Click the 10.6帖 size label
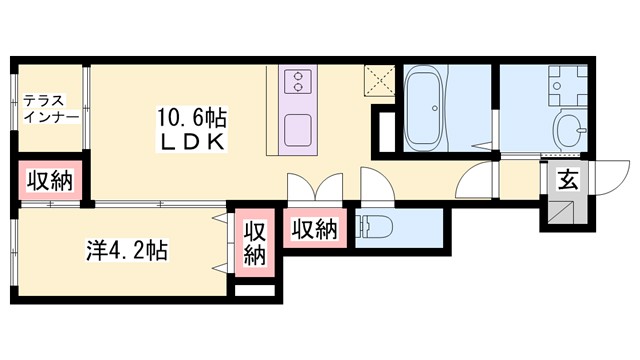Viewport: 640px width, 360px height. pos(191,118)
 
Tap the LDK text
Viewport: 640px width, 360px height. pos(191,142)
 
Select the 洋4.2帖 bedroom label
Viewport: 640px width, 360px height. pos(125,250)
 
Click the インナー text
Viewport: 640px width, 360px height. pos(48,116)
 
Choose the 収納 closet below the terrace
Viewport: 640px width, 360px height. pos(48,182)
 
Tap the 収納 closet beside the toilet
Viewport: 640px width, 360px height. pos(314,230)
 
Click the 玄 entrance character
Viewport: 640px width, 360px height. pos(567,181)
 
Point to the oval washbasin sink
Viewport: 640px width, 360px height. pos(573,129)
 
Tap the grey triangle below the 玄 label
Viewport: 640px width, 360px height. pos(563,211)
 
